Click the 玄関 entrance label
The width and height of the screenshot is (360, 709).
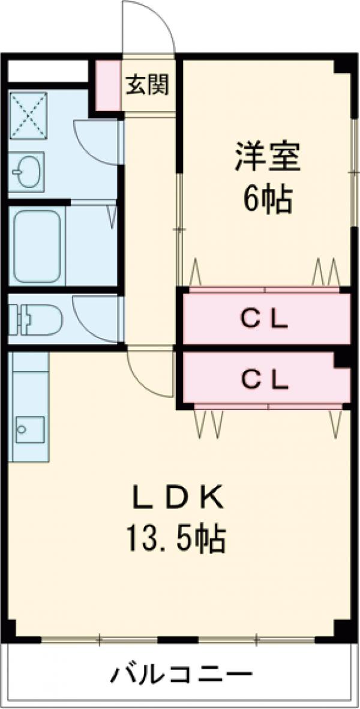point(147,85)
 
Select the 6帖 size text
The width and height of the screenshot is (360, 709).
point(267,199)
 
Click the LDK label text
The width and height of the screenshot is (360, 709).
point(178,498)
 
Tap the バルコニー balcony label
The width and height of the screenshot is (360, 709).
point(180,676)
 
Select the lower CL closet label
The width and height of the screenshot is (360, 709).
point(265,378)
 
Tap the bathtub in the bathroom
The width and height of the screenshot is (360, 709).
point(38,246)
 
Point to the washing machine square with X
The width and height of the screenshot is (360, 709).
point(28,115)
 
